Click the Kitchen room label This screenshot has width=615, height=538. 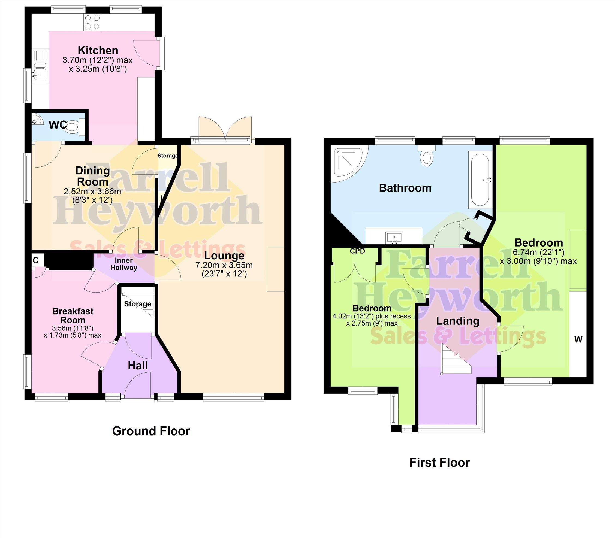[98, 50]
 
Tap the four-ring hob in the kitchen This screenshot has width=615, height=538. [92, 22]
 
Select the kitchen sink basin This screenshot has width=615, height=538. [39, 74]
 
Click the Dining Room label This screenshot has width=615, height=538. [92, 176]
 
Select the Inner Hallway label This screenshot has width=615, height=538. [123, 264]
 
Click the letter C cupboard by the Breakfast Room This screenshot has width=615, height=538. [36, 260]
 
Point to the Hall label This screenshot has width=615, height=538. [138, 365]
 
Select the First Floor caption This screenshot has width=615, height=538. [439, 462]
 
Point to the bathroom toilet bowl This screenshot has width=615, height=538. [426, 156]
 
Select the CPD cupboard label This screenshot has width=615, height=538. [357, 251]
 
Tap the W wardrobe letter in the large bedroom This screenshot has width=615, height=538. [578, 339]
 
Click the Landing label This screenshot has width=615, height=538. [457, 321]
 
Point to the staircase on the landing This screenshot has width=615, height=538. [456, 359]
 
